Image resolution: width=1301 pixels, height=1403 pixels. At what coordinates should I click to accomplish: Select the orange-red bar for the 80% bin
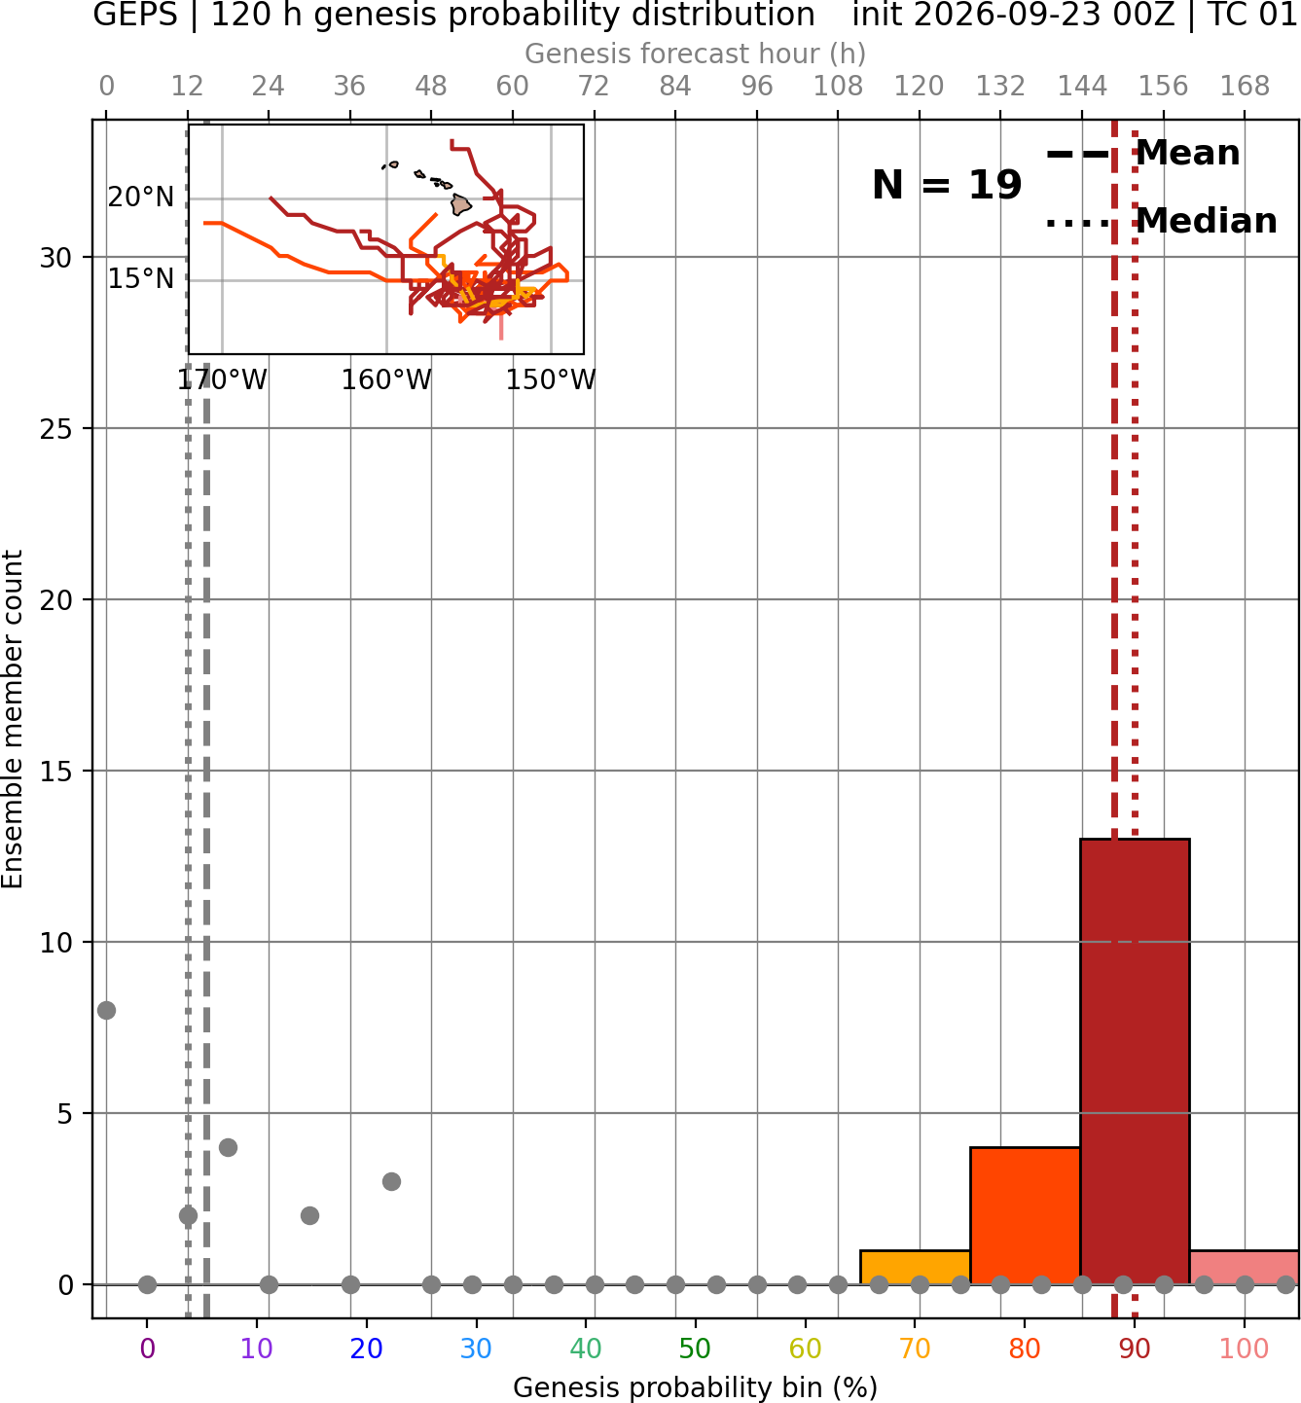[x=1026, y=1215]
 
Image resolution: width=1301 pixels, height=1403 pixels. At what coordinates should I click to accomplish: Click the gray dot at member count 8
[x=106, y=1010]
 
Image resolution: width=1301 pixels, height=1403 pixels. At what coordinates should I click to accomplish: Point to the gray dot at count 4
[x=228, y=1147]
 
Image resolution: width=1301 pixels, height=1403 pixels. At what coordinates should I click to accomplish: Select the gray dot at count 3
[x=391, y=1181]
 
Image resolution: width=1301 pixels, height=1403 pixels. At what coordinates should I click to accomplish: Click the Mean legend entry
[x=1142, y=154]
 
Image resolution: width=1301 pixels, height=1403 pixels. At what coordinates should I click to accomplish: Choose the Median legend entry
[x=1161, y=222]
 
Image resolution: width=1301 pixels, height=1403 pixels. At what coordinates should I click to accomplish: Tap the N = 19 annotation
[x=947, y=185]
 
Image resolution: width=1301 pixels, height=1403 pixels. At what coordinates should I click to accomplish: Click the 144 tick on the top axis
[x=1081, y=87]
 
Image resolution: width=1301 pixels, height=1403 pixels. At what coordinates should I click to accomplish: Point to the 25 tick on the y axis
[x=56, y=429]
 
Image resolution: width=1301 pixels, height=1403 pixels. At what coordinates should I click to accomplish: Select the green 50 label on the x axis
[x=695, y=1349]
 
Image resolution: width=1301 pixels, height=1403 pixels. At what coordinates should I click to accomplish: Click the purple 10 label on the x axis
[x=256, y=1349]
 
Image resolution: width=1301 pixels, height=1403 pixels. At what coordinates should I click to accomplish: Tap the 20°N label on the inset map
[x=141, y=198]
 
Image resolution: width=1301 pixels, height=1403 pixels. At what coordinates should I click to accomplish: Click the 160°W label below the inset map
[x=386, y=380]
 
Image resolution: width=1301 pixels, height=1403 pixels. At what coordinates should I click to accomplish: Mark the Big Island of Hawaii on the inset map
[x=461, y=205]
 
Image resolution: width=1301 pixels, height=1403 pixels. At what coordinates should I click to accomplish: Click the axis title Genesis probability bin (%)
[x=695, y=1387]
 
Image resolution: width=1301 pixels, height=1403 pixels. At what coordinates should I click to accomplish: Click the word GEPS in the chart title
[x=135, y=15]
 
